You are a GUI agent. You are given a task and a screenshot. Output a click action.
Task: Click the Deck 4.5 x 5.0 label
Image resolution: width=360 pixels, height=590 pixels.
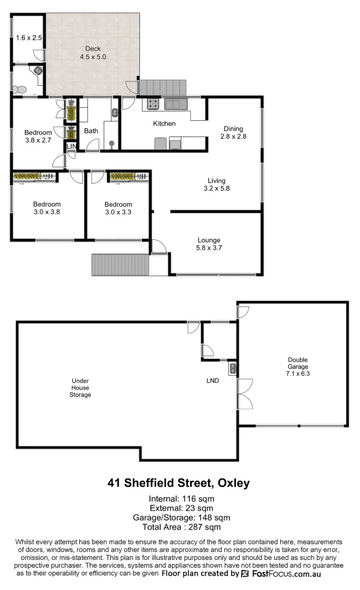[92, 52]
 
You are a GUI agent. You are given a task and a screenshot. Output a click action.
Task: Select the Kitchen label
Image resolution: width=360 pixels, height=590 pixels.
[164, 123]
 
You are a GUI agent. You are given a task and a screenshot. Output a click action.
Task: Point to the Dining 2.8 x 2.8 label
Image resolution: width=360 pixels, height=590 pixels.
[233, 133]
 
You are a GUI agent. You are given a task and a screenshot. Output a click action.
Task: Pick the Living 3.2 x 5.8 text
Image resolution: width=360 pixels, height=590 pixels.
[216, 185]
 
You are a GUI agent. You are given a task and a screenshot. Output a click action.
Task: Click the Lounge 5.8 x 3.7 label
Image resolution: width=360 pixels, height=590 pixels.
[209, 244]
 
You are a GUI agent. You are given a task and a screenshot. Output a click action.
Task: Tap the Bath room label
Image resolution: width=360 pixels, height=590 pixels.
[91, 131]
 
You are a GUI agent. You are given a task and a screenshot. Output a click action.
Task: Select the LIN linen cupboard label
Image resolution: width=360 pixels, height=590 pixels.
[72, 146]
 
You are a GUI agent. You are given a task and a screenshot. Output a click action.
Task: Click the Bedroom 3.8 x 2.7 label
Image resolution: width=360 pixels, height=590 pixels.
[38, 137]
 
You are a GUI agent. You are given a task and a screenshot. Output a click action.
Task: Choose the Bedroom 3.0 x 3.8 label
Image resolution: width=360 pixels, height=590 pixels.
[46, 209]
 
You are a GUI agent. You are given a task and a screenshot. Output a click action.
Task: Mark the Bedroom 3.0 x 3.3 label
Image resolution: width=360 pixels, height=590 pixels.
[118, 209]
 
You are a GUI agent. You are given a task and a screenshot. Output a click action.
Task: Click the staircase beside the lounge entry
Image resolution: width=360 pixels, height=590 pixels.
[120, 265]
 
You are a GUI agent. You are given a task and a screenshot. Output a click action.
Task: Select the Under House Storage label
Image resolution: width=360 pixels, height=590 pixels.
[81, 387]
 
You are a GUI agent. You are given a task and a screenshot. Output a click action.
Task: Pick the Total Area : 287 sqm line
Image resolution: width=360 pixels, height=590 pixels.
[181, 527]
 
